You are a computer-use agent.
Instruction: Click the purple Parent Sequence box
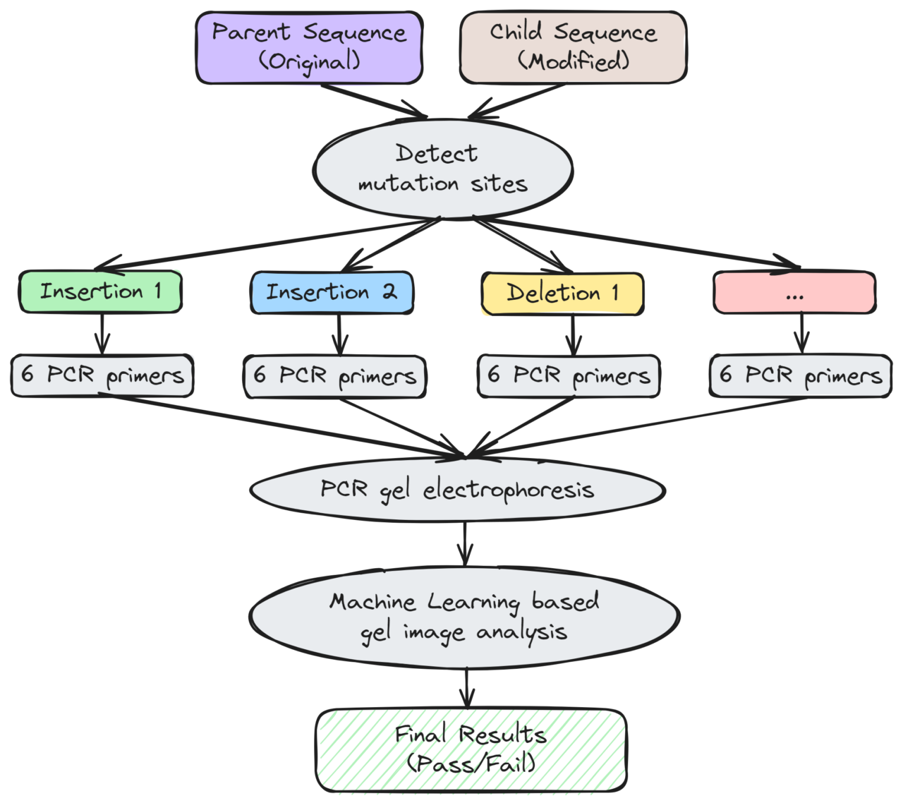tap(309, 48)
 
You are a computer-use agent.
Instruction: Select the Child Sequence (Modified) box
tap(572, 48)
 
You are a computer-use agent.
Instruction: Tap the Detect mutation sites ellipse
tap(442, 169)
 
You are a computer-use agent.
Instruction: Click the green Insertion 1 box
tap(100, 291)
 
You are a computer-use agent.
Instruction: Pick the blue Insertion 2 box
tap(332, 292)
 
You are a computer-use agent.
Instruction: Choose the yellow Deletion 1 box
tap(562, 293)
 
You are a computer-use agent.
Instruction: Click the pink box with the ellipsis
tap(794, 293)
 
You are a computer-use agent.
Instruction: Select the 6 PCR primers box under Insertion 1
tap(102, 375)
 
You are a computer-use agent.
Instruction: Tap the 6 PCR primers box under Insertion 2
tap(334, 375)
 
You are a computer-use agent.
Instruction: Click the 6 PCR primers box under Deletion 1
tap(568, 375)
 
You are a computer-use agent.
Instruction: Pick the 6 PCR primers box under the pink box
tap(799, 375)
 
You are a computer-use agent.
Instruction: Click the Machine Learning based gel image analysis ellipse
tap(464, 616)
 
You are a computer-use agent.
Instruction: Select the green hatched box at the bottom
tap(471, 750)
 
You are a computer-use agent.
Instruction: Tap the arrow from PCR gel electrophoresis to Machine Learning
tap(464, 543)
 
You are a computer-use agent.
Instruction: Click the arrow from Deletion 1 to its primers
tap(572, 334)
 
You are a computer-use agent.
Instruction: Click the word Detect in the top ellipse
tap(436, 154)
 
